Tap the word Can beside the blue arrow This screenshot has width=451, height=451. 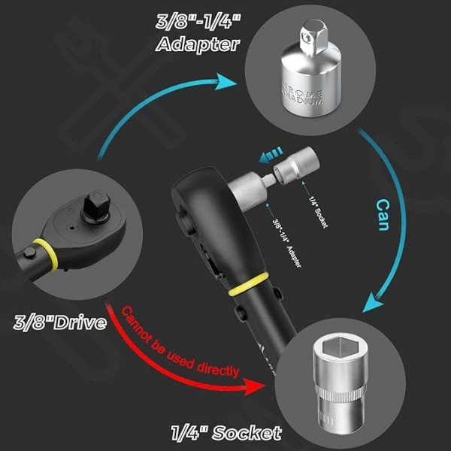[x=382, y=215]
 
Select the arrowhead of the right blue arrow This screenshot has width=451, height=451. [x=371, y=304]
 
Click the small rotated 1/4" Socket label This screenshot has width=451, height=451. [x=316, y=212]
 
